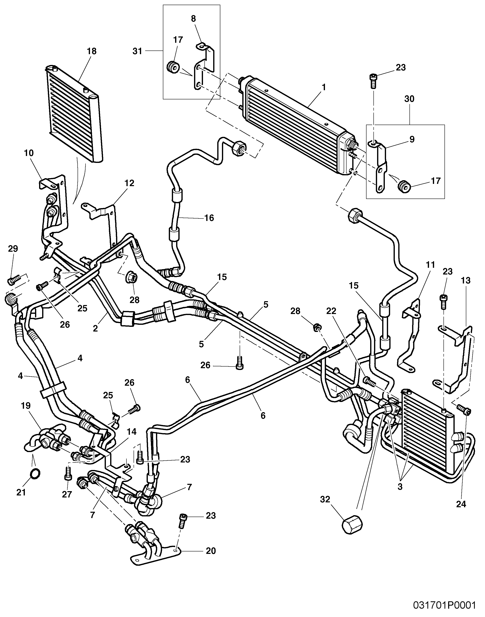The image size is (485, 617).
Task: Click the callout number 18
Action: [92, 51]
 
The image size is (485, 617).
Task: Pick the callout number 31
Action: [137, 51]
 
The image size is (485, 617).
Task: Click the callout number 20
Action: [211, 551]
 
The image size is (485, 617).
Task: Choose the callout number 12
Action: [129, 183]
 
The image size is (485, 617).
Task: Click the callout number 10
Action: [29, 153]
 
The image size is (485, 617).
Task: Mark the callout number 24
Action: [461, 504]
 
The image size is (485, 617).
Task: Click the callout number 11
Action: [430, 265]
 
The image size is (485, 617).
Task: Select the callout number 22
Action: [331, 311]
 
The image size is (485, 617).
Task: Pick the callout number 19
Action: [26, 405]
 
